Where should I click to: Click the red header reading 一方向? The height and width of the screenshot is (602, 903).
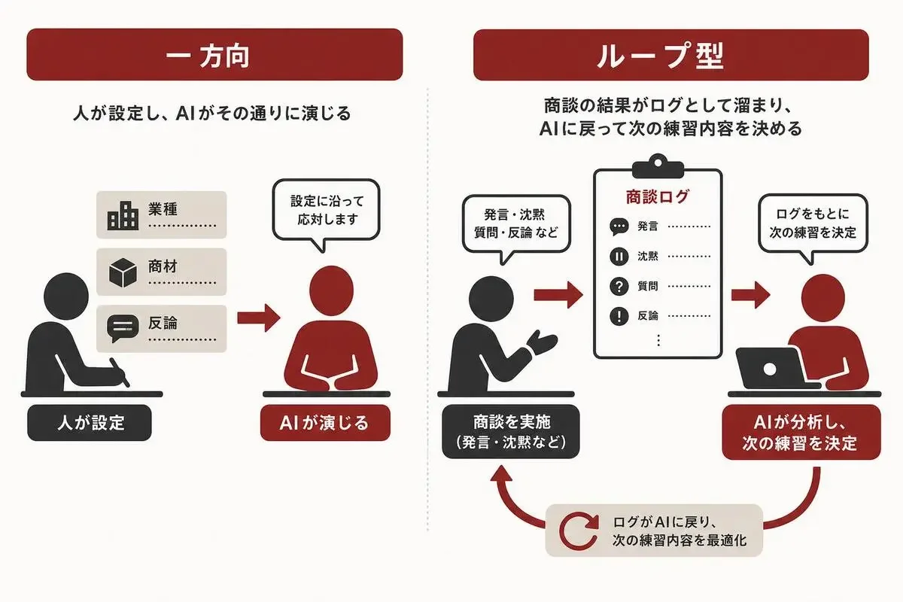214,54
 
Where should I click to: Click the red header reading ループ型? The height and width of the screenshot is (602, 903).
670,55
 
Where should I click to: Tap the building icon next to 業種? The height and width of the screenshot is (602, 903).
123,216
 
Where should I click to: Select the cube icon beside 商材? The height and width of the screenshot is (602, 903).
123,272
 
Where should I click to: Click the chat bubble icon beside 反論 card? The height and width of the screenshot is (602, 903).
123,328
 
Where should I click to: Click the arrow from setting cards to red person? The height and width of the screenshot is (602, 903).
258,318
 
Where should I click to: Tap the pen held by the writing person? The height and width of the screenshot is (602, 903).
120,372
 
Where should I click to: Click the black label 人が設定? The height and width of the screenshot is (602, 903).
90,423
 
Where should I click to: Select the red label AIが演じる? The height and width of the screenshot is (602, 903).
325,423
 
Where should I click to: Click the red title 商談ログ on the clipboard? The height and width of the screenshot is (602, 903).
658,196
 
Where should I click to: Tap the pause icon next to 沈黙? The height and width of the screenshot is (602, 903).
619,257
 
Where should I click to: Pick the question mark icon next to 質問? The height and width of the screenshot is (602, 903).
619,286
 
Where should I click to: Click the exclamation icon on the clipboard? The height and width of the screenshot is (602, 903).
619,316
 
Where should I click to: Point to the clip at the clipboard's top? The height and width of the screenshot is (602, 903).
658,166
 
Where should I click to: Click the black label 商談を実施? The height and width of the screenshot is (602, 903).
511,431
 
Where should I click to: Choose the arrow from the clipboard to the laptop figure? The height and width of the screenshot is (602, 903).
751,295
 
